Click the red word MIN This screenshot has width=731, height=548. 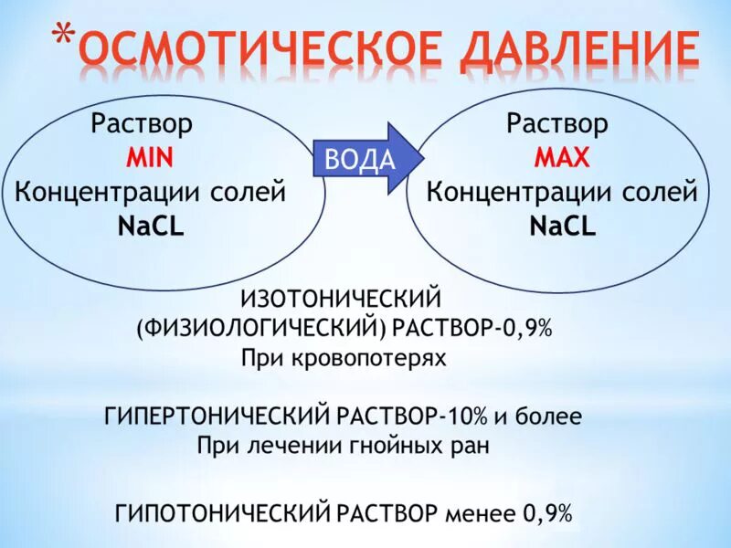[x=150, y=157]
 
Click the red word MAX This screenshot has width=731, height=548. [x=562, y=157]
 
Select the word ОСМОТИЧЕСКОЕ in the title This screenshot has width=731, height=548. [x=265, y=51]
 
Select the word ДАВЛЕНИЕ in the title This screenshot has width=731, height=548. [x=585, y=51]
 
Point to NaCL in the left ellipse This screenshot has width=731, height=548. [x=151, y=227]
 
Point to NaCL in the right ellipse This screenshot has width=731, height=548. [x=562, y=227]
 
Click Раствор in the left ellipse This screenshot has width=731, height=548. [x=142, y=122]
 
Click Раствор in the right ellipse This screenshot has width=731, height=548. [x=557, y=122]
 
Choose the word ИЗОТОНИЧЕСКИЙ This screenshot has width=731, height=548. [x=342, y=298]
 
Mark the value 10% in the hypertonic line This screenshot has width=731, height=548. [x=466, y=416]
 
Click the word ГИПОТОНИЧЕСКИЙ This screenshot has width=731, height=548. [x=222, y=513]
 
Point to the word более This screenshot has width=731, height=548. [x=549, y=416]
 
